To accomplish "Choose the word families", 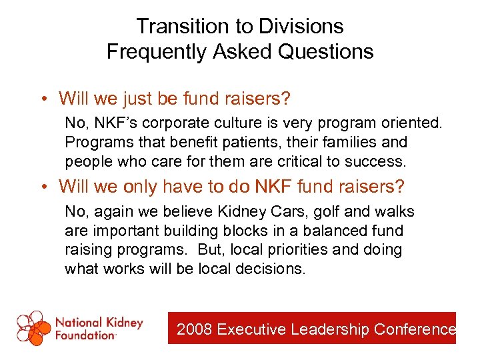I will (x=349, y=143).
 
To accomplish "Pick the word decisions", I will (x=270, y=269).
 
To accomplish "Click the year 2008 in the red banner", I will (x=194, y=329).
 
